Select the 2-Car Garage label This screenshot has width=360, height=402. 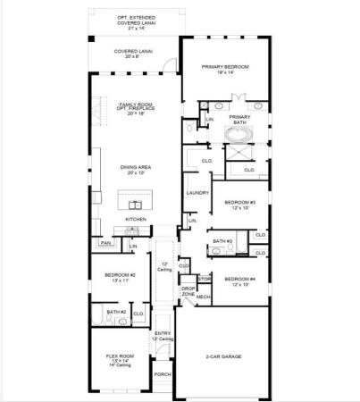click(x=220, y=356)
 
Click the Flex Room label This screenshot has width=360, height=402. click(x=121, y=359)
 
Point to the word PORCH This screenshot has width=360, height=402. click(x=163, y=374)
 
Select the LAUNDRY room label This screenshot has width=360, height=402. click(x=197, y=193)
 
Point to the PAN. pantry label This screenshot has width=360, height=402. click(x=105, y=242)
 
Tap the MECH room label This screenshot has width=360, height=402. click(x=203, y=296)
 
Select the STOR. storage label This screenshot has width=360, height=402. click(x=203, y=278)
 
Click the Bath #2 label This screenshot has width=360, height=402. click(x=114, y=312)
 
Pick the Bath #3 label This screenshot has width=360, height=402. click(x=222, y=241)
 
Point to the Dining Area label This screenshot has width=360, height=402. click(x=135, y=169)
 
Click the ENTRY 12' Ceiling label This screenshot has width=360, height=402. click(x=163, y=336)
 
